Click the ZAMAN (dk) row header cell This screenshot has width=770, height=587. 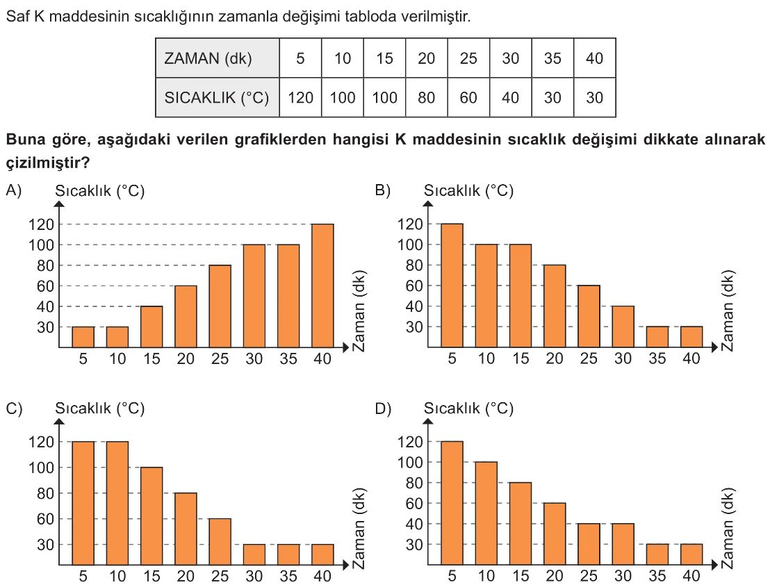(x=217, y=58)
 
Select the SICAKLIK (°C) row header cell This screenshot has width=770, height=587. (x=217, y=98)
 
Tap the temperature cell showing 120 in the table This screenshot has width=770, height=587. (x=300, y=98)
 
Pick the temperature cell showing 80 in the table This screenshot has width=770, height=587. (x=426, y=98)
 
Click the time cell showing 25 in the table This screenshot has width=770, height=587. (x=468, y=58)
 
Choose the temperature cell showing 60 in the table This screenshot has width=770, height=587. (x=468, y=98)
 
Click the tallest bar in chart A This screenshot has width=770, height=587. (x=322, y=285)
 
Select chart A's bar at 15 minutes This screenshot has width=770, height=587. (x=151, y=326)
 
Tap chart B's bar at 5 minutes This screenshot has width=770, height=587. (x=452, y=285)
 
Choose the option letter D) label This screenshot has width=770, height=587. (x=383, y=408)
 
